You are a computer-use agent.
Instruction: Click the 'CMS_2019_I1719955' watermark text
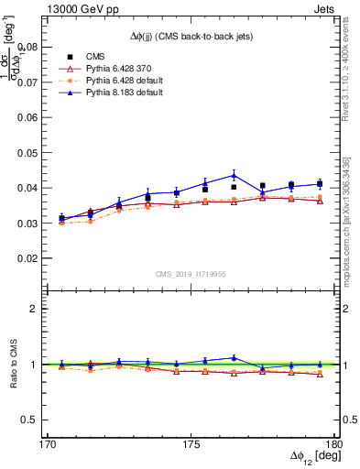pyautogui.click(x=191, y=273)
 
